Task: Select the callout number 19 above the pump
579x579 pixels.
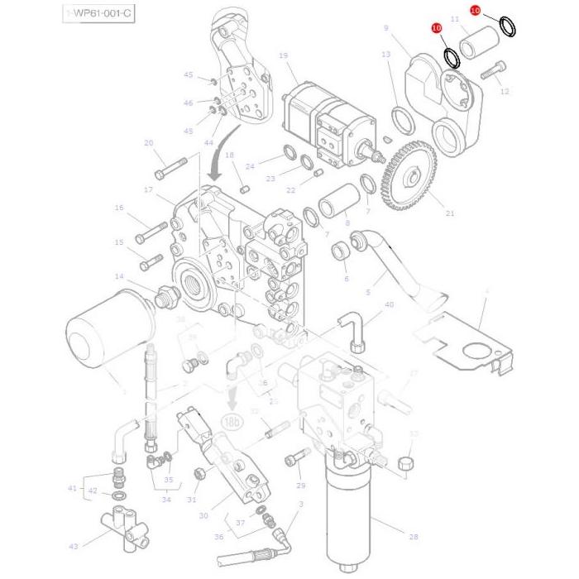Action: point(283,56)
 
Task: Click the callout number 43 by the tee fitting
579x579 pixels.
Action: point(73,546)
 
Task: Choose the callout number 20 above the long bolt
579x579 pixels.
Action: point(149,143)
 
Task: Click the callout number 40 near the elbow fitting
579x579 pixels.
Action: point(389,304)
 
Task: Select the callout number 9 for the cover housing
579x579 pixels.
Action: point(385,28)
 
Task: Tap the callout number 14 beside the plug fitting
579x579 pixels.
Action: point(119,276)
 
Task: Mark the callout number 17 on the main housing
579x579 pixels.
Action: point(149,190)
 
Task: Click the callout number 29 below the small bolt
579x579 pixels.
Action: point(301,486)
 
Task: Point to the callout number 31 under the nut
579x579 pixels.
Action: point(192,499)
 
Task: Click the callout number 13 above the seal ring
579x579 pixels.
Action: point(386,54)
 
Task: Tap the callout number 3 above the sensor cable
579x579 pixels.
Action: point(301,504)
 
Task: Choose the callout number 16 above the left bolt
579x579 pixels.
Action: point(119,208)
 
